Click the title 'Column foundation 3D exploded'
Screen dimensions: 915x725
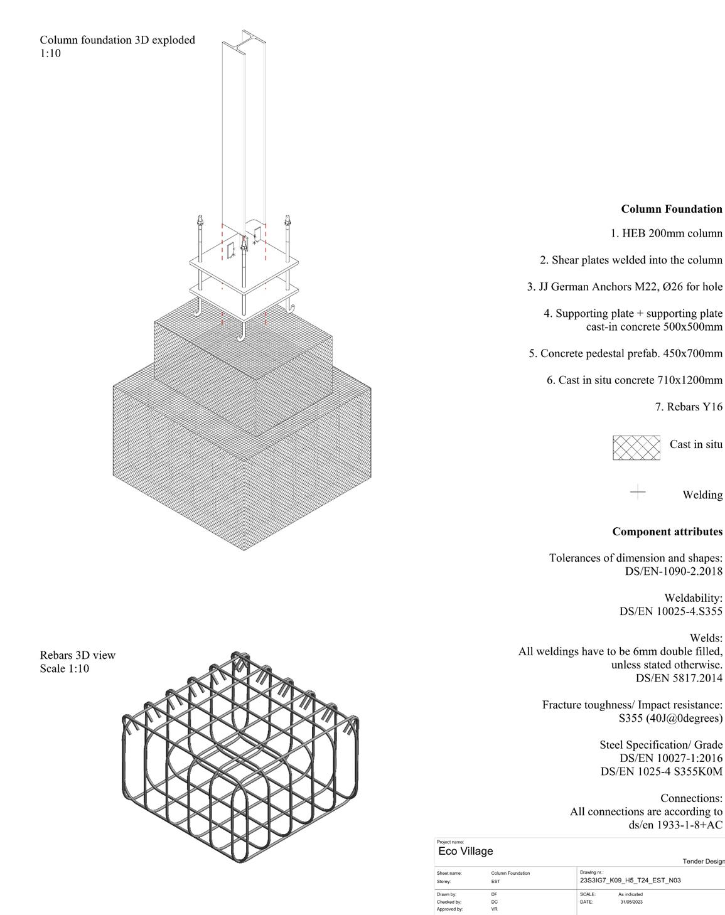[x=117, y=40]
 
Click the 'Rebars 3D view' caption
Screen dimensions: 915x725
[x=78, y=655]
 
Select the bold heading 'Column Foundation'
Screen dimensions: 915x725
[x=672, y=209]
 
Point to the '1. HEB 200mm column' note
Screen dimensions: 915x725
[x=666, y=233]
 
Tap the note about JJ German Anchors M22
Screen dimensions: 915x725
[x=625, y=287]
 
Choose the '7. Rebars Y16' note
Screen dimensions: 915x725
[x=689, y=407]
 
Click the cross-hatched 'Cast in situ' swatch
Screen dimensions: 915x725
[x=636, y=447]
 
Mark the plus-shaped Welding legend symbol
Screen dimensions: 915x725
[x=637, y=493]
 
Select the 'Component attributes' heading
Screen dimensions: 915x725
[x=667, y=532]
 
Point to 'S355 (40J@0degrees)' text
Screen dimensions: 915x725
[x=670, y=718]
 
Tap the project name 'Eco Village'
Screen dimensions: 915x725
[x=466, y=852]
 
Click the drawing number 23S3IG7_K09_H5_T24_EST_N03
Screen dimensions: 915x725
[x=630, y=880]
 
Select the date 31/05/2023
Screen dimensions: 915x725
[x=631, y=902]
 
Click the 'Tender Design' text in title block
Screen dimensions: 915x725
[x=704, y=862]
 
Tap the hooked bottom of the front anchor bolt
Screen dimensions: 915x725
[x=242, y=337]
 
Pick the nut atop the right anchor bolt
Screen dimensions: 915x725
[x=287, y=222]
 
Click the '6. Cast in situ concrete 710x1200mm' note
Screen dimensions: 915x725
[x=634, y=380]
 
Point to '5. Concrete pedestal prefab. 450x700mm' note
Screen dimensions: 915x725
[x=625, y=354]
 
